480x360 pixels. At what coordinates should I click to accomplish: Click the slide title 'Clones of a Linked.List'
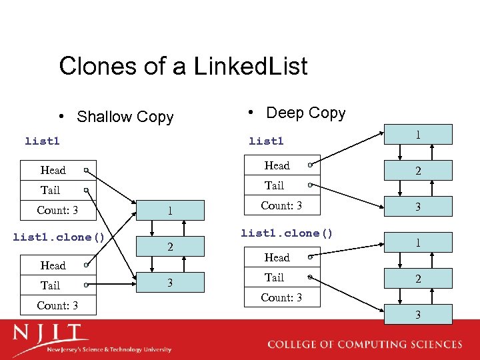(x=183, y=66)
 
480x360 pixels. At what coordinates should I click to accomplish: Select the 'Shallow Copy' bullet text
(x=125, y=117)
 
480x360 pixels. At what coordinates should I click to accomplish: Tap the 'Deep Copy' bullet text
(x=305, y=113)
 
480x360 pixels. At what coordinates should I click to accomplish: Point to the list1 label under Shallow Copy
(x=42, y=141)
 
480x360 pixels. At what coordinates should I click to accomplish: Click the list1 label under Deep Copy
(x=266, y=141)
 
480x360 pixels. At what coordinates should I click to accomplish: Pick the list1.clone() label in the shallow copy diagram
(x=60, y=237)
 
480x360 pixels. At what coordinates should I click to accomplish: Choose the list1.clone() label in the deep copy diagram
(x=287, y=233)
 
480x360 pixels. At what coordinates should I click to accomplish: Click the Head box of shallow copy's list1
(x=59, y=170)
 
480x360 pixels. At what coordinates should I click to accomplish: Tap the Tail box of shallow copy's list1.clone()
(x=59, y=285)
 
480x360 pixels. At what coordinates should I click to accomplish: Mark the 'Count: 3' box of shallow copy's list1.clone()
(x=59, y=305)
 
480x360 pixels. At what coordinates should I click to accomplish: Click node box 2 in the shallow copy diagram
(x=170, y=247)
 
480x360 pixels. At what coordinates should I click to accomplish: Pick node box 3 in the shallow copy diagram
(x=170, y=283)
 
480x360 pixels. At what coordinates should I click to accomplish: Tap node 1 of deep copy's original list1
(x=418, y=135)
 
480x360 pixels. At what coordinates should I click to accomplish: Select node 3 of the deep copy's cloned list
(x=418, y=314)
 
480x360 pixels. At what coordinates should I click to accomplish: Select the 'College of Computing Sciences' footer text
(x=364, y=345)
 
